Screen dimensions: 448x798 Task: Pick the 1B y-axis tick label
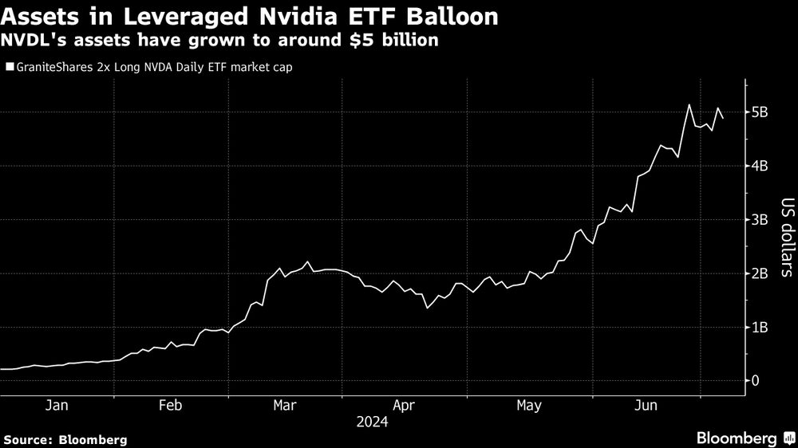coord(760,327)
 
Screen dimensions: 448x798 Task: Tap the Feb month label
coord(170,406)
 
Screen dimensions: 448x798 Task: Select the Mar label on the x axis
coord(285,406)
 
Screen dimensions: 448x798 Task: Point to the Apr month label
coord(404,406)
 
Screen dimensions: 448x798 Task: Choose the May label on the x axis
coord(527,406)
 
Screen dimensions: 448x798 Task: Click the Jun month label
coord(645,406)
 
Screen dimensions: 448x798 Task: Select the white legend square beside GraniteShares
coord(9,68)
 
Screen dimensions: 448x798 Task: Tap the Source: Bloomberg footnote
coord(65,439)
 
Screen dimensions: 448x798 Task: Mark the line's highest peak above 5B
coord(689,104)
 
